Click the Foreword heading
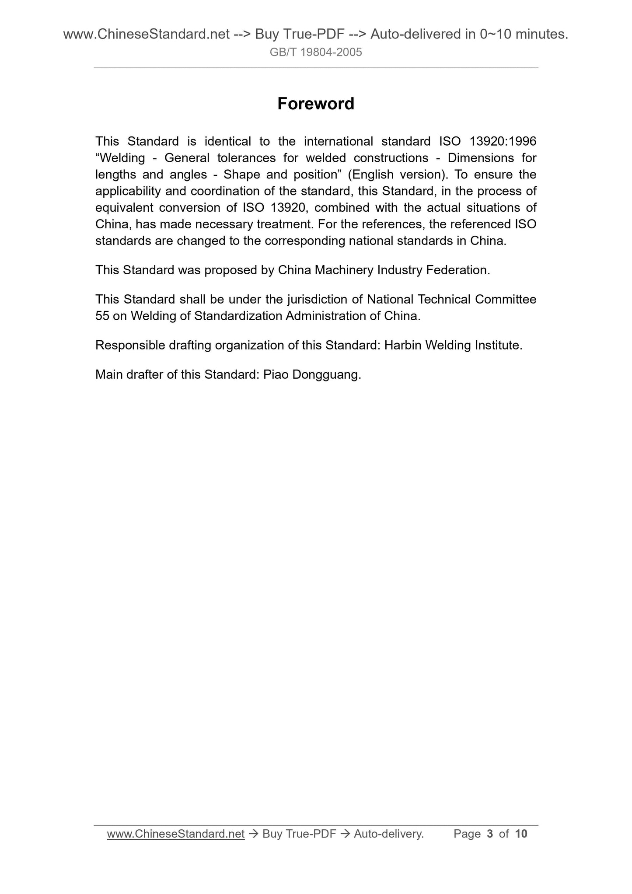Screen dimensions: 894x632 316,104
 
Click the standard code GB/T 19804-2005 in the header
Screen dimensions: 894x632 316,52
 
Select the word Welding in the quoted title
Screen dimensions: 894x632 120,158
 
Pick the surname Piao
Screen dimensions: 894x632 276,375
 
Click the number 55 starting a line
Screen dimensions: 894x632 102,316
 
